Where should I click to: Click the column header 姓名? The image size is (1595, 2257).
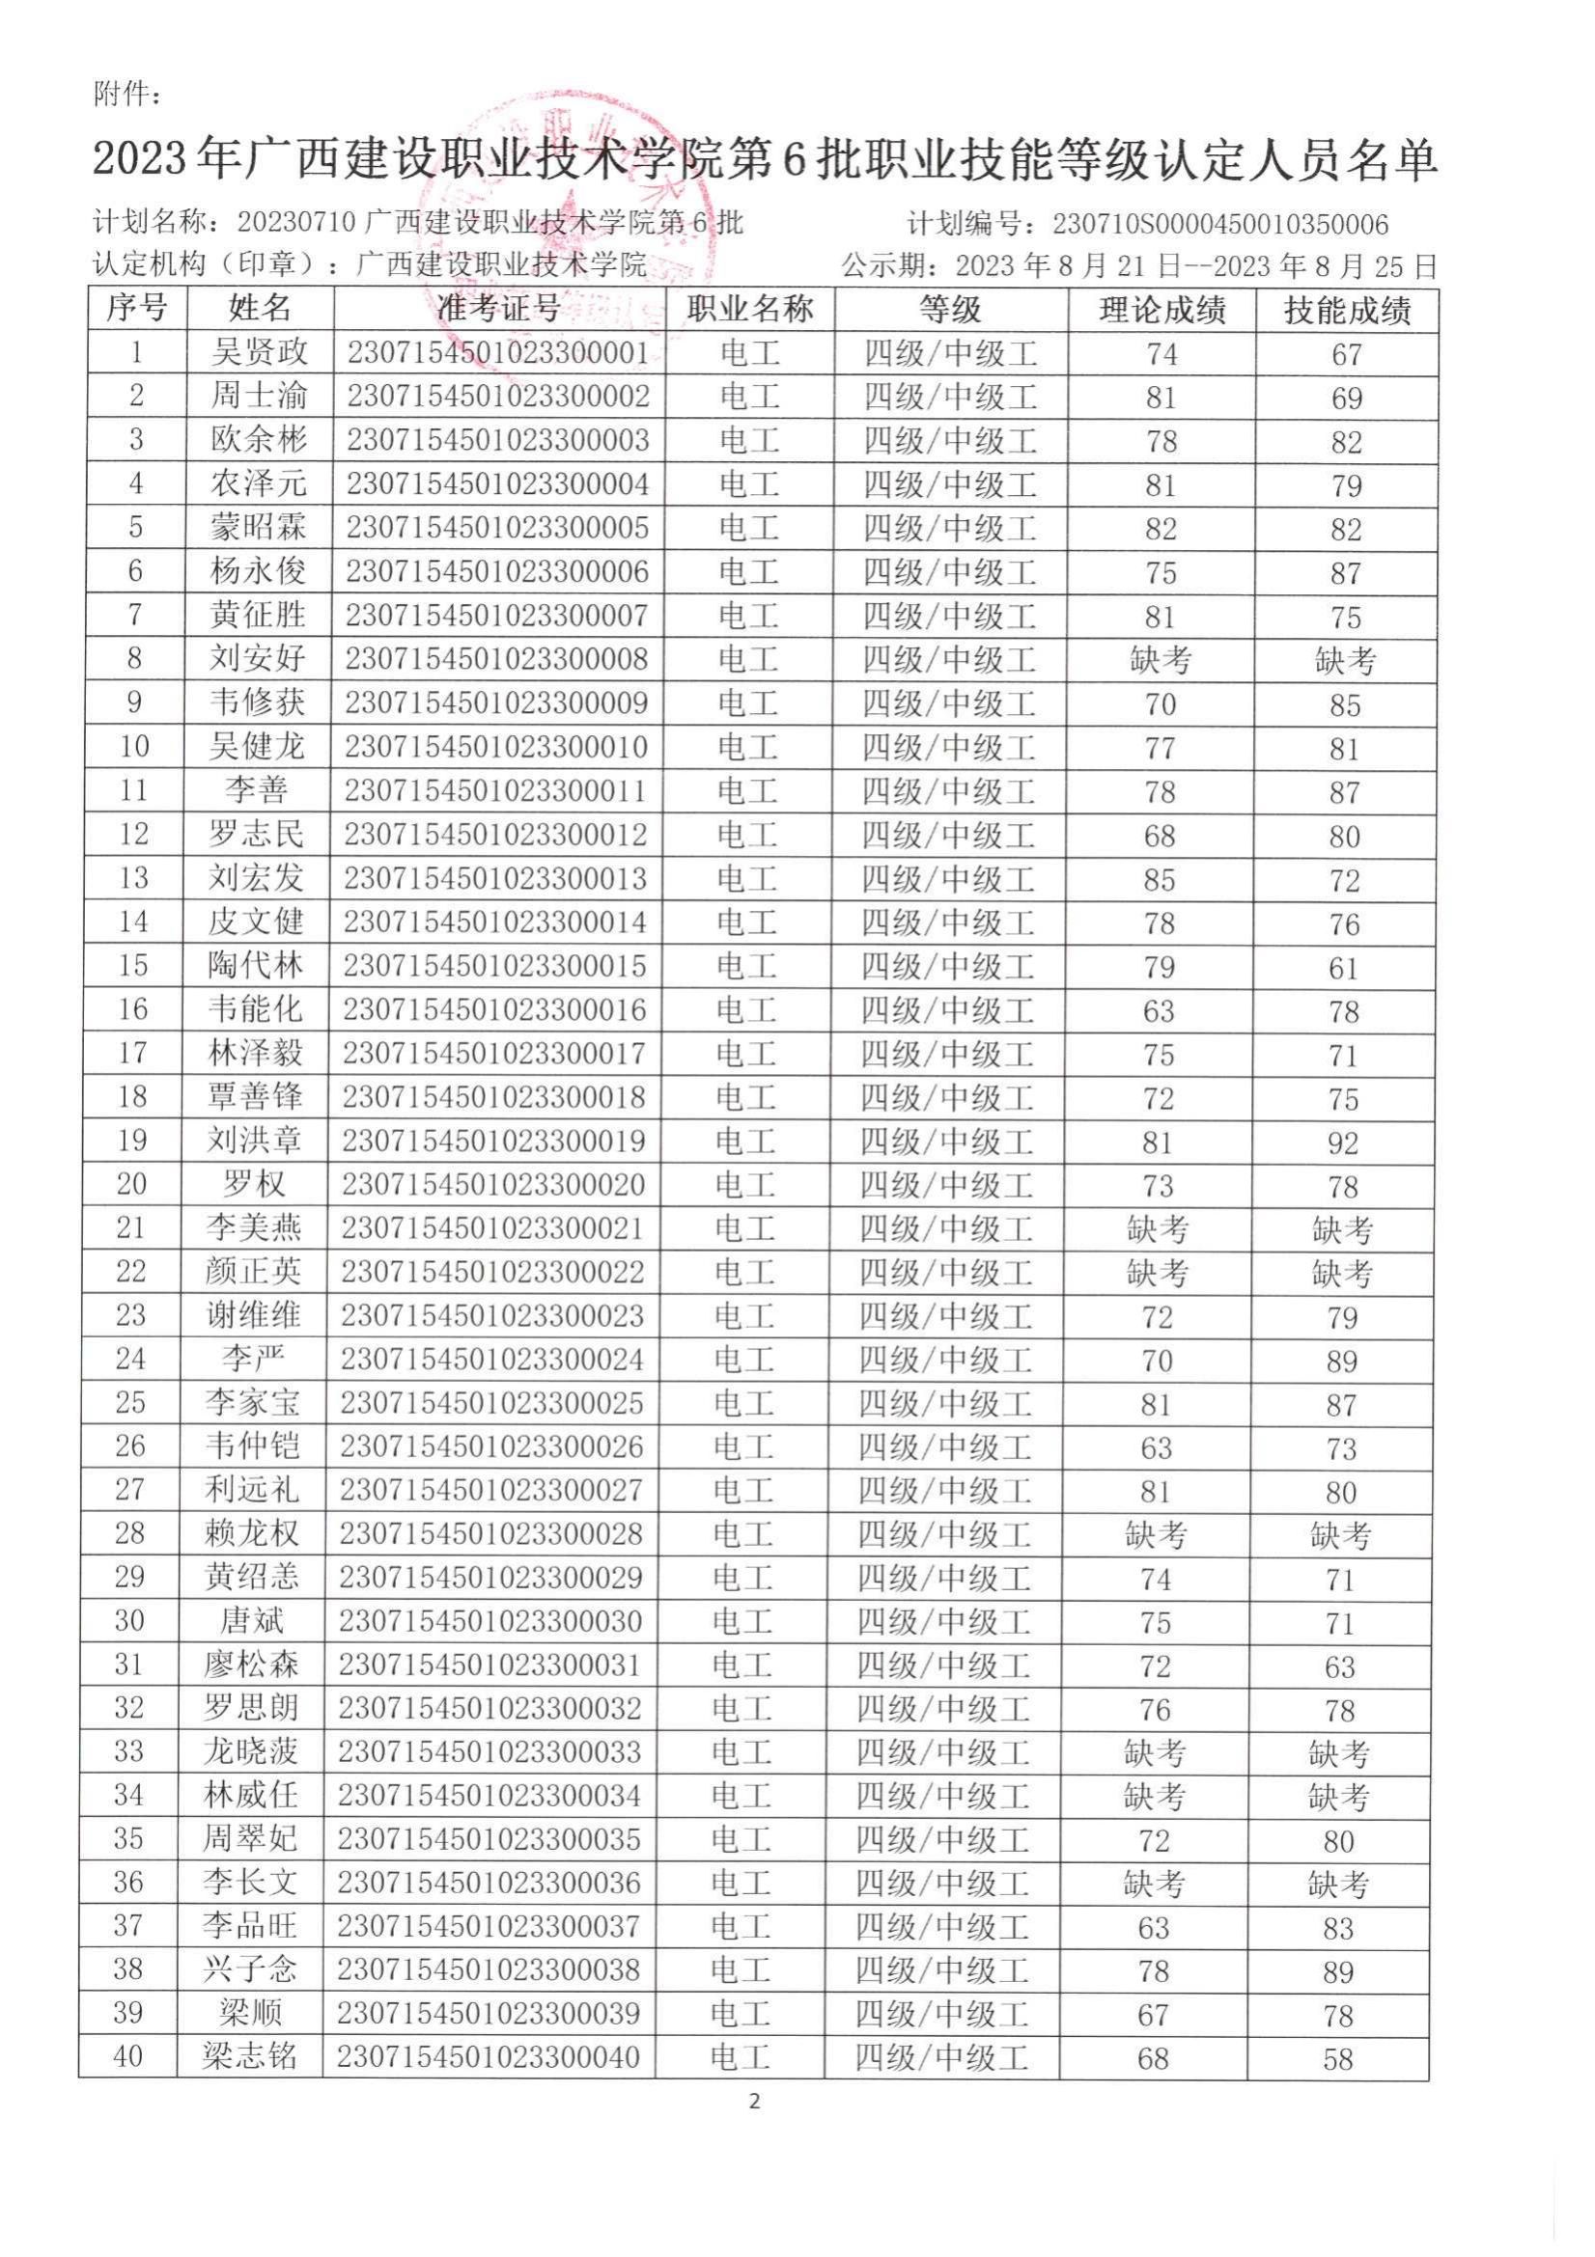[x=260, y=309]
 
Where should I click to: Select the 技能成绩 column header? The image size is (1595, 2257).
[x=1346, y=311]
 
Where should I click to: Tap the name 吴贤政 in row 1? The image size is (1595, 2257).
[x=260, y=353]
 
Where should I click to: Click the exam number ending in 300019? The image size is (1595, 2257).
[x=493, y=1142]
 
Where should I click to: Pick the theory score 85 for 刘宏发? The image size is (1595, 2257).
[x=1159, y=881]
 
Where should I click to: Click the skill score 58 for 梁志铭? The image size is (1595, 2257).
[x=1338, y=2059]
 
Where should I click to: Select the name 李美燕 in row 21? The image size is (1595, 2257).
[x=254, y=1228]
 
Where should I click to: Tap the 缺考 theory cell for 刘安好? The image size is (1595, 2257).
[x=1161, y=661]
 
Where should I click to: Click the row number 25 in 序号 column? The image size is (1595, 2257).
[x=130, y=1403]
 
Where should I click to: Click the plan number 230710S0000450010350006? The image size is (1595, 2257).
[x=1220, y=225]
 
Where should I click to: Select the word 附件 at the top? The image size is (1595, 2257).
[x=123, y=95]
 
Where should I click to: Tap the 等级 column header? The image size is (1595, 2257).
[x=950, y=310]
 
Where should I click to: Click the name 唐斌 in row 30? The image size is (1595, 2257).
[x=252, y=1621]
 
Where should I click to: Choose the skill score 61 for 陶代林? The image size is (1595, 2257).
[x=1343, y=969]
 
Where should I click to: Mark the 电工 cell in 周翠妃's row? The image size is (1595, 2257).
[x=740, y=1839]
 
